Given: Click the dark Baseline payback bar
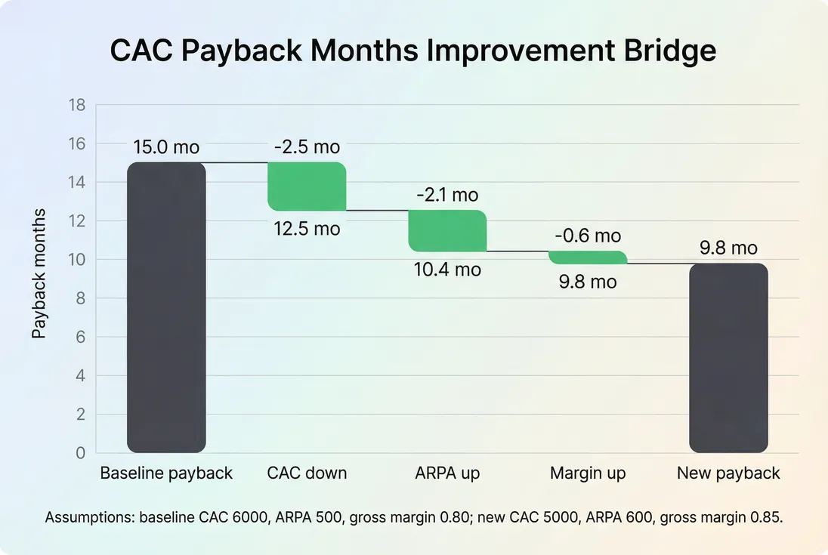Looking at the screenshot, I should [166, 307].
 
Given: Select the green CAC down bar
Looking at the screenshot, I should [307, 187].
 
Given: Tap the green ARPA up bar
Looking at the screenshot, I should [447, 230].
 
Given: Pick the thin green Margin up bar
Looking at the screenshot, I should [588, 257].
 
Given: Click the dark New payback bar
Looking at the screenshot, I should [728, 358].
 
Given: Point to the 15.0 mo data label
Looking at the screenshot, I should [166, 147].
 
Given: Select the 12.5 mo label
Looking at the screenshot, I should [307, 228].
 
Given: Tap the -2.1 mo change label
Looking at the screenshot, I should [447, 195].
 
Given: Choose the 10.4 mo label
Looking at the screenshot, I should [447, 269].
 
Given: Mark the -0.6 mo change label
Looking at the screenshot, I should [588, 236].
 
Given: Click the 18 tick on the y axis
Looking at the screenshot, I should [78, 105].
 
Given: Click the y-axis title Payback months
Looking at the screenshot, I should [39, 273].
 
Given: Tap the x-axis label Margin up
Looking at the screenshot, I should [588, 473].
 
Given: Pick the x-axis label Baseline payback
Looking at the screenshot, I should [166, 473].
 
